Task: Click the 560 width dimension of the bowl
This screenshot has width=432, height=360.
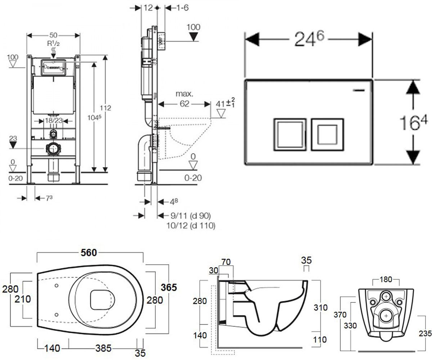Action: (89, 253)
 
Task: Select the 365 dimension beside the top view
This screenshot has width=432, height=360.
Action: (169, 287)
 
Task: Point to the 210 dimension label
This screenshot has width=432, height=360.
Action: (23, 299)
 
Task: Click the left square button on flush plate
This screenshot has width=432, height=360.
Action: (290, 135)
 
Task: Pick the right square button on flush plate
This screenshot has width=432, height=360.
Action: (327, 135)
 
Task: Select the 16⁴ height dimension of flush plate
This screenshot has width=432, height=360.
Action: (413, 122)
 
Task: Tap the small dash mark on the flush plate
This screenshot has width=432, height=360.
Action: (359, 90)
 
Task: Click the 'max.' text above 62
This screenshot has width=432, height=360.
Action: (184, 94)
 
